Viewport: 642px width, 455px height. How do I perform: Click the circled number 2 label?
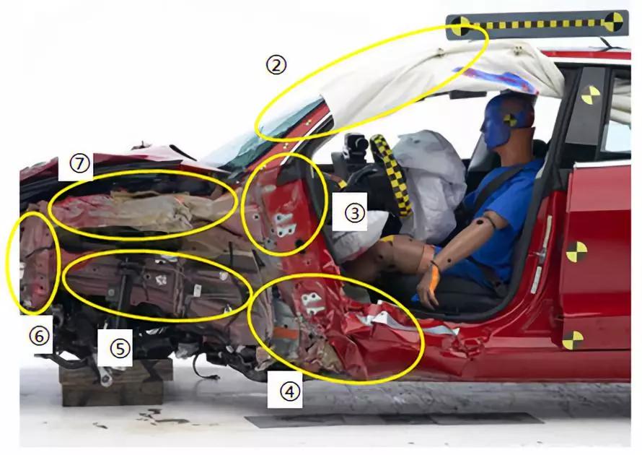tap(276, 65)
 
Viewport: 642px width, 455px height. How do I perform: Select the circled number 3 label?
tap(354, 213)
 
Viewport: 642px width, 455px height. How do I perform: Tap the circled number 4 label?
tap(290, 391)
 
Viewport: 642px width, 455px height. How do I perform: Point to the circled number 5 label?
tap(120, 349)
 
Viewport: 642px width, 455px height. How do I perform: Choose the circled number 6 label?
tap(39, 336)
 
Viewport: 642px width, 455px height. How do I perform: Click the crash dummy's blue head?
tap(508, 120)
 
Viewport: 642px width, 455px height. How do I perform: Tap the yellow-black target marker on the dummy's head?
tap(510, 120)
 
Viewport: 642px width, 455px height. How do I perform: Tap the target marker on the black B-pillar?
tap(590, 95)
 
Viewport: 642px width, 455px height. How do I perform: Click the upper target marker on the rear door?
tap(576, 252)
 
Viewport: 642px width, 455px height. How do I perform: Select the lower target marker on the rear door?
tap(573, 340)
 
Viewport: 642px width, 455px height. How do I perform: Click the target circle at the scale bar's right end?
tap(613, 22)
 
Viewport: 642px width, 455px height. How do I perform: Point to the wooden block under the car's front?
tap(115, 383)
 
